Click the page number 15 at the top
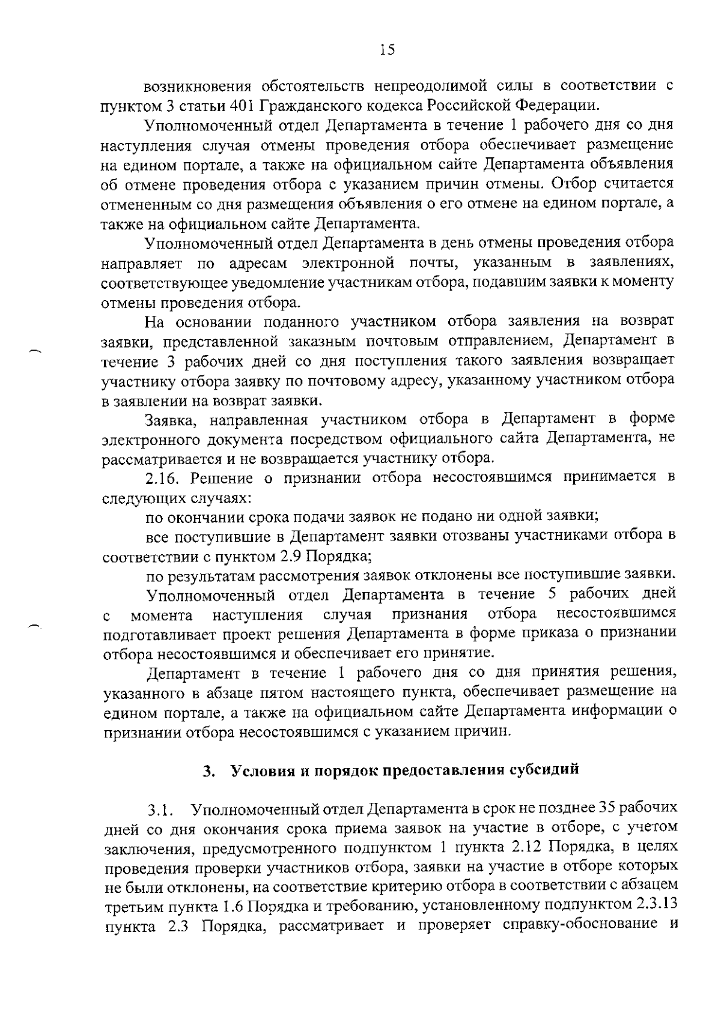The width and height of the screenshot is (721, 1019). click(x=387, y=50)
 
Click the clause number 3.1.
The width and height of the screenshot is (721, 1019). click(x=161, y=810)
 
